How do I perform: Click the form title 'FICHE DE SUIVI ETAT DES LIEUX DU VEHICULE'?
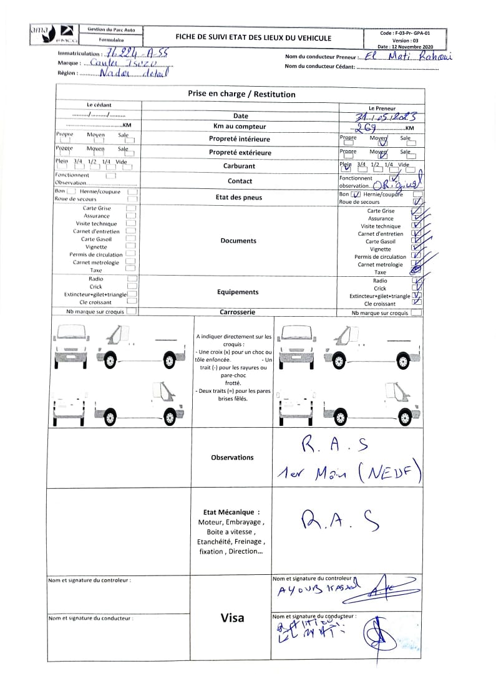[253, 38]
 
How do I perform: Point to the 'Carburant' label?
[239, 166]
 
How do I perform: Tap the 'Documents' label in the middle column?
[238, 241]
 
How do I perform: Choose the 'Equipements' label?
[238, 292]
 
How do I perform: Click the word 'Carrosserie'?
[237, 312]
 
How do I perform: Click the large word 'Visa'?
[232, 618]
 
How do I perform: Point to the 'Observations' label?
[232, 458]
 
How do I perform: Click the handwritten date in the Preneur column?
[380, 117]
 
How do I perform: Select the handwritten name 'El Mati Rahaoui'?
[407, 57]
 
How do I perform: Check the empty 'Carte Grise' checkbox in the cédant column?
[131, 208]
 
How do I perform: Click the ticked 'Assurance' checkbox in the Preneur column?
[416, 219]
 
